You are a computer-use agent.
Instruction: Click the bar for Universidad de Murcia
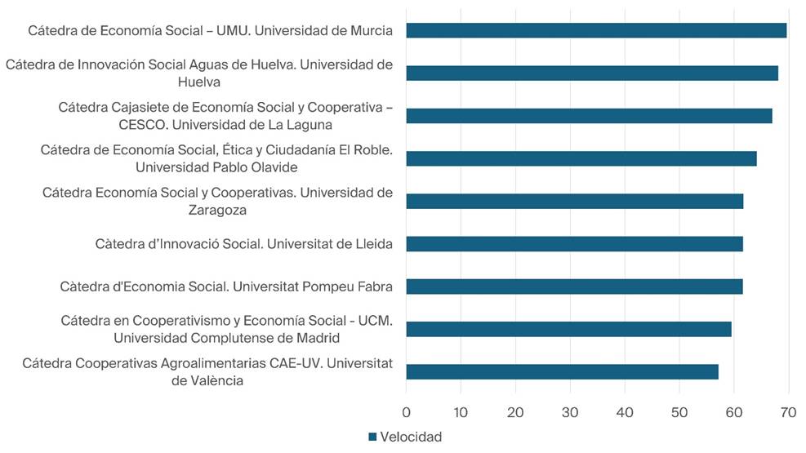point(596,30)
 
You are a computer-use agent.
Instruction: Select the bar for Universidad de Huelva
point(592,73)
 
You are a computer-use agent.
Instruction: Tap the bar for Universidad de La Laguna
point(589,116)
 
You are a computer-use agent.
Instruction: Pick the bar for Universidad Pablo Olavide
point(581,158)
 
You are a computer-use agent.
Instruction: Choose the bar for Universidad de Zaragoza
point(575,201)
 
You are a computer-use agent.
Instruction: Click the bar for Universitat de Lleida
point(574,243)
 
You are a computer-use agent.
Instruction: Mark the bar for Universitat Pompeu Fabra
point(574,286)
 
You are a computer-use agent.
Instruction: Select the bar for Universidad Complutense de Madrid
point(568,329)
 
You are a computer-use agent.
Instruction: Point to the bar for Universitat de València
point(562,371)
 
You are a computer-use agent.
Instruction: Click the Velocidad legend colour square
point(372,437)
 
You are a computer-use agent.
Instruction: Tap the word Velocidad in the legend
point(411,437)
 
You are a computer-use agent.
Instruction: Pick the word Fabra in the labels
point(375,286)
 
